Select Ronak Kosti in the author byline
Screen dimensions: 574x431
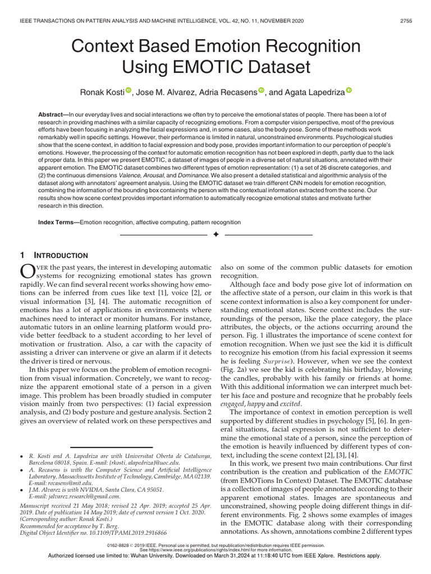pos(102,91)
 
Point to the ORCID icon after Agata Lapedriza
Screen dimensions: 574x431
pos(349,90)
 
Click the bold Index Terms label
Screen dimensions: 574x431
pos(58,223)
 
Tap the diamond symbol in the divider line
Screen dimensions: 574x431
pos(216,233)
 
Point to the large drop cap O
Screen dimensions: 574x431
pos(27,272)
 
